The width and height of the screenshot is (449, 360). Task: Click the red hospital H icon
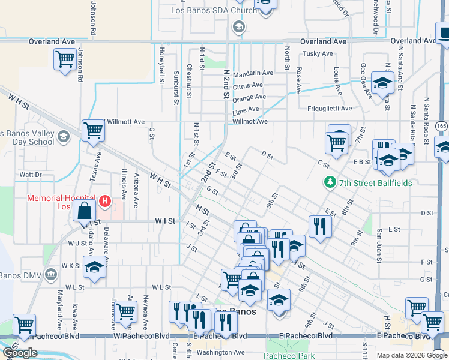coord(105,200)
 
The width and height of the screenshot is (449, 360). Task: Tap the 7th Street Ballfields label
coord(375,182)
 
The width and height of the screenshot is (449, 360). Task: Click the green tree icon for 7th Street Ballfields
coord(329,182)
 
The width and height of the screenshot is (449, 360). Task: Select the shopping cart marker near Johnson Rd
coord(64,60)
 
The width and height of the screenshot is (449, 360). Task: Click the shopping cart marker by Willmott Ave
coord(93,131)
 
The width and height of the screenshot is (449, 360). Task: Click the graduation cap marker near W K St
coord(94,267)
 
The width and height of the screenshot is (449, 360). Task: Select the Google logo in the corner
coord(20,353)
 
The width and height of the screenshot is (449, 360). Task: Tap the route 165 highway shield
coord(442,126)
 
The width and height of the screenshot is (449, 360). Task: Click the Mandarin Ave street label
coord(253,73)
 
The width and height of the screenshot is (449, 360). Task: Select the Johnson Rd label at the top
coord(93,16)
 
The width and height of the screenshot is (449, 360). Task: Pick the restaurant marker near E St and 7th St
coord(320,226)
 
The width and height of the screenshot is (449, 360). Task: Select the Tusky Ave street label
coord(318,53)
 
